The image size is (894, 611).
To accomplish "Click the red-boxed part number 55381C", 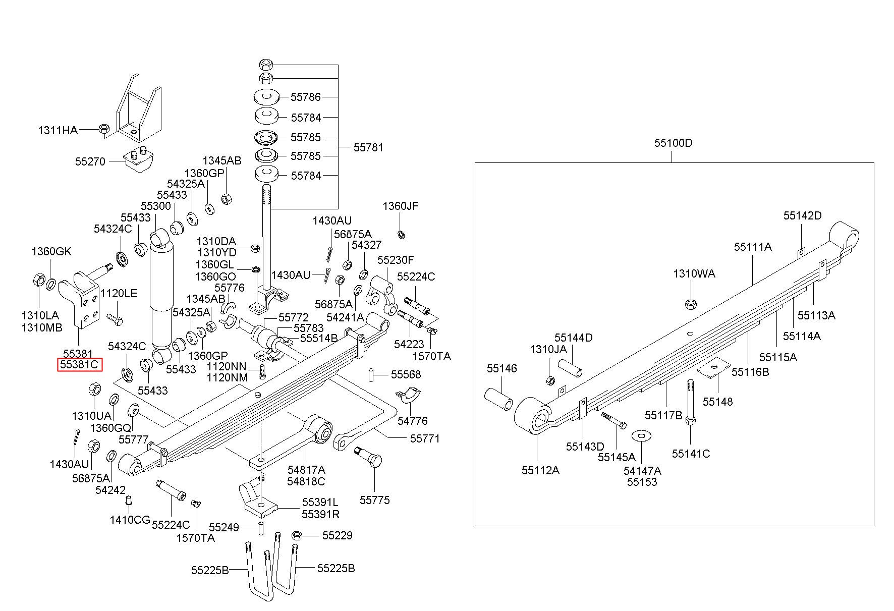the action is click(80, 364).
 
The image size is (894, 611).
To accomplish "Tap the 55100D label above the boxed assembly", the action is click(674, 143).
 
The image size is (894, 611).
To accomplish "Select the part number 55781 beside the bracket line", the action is click(368, 147).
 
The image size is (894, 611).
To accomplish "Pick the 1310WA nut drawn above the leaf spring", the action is click(690, 304).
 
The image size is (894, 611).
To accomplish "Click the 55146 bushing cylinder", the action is click(499, 399).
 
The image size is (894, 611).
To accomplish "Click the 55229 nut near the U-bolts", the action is click(297, 535).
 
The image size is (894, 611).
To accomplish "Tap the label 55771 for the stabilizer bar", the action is click(425, 438).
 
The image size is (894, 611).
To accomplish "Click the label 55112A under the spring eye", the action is click(540, 470).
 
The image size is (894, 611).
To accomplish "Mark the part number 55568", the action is click(406, 374).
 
